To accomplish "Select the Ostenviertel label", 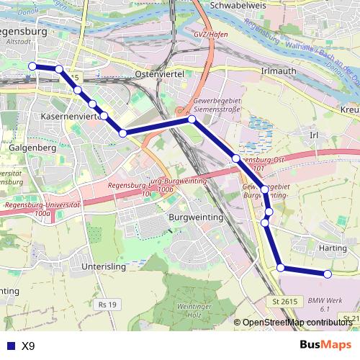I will click(160, 74).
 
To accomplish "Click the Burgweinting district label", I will click(195, 217).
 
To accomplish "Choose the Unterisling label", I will click(104, 266).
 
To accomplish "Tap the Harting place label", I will click(332, 248).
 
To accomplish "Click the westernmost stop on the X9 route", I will click(32, 66).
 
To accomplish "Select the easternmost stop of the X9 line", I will click(328, 274).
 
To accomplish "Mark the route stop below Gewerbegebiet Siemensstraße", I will click(192, 120).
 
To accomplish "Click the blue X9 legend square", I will click(9, 346).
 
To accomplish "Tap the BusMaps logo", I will click(325, 345).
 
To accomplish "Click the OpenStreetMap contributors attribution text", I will click(297, 323).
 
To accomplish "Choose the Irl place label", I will click(313, 135).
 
